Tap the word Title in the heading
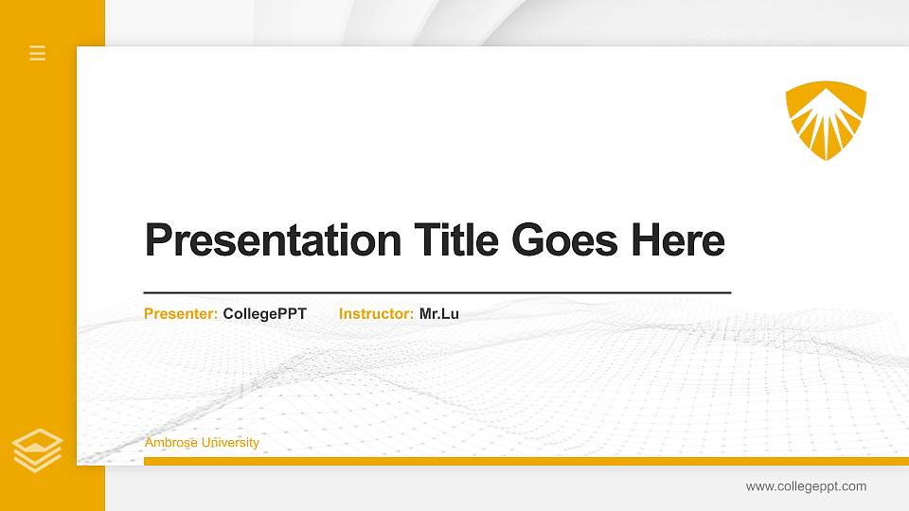456,240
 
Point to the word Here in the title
678,240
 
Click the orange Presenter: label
181,313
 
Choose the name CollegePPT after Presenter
264,313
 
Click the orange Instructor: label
376,313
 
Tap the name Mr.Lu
439,313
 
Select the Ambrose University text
202,443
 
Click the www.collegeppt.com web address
806,486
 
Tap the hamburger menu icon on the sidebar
38,53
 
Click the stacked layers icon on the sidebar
38,449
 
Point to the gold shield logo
826,120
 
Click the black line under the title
437,293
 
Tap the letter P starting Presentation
158,240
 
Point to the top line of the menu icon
38,46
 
